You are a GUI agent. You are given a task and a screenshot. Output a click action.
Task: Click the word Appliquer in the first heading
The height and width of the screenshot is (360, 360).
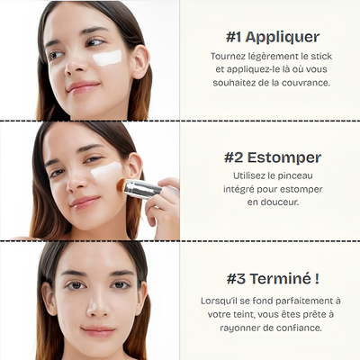coord(283,37)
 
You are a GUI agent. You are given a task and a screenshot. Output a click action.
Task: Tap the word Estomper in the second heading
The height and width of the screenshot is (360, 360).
coord(284,157)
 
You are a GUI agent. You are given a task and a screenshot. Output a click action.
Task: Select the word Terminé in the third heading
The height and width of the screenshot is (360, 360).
coord(281,279)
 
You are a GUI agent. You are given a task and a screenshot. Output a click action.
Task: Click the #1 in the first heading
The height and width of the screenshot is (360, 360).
coord(234,37)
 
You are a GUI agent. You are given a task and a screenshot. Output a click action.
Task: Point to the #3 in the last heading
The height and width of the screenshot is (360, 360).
coord(237,279)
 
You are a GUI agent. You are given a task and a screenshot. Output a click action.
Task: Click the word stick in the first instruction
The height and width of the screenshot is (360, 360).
coord(321,56)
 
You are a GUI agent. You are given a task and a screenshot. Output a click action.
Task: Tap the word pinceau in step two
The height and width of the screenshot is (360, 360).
coord(295,176)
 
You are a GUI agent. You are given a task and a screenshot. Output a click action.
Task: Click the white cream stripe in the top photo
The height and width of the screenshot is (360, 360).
coord(107,58)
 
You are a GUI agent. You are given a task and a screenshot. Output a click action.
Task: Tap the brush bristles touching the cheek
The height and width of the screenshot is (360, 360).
coord(121,185)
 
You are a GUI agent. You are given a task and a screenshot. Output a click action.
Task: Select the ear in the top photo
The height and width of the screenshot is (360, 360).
coord(140,62)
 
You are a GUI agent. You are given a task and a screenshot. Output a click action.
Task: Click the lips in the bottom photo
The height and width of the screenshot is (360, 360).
coord(98,331)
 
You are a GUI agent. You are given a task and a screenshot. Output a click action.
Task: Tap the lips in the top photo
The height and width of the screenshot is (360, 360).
coord(82,86)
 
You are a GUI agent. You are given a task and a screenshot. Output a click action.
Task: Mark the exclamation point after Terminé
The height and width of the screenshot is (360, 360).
coord(317,278)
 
